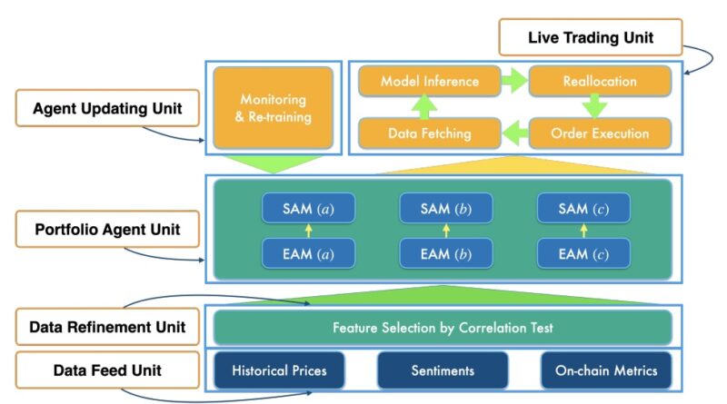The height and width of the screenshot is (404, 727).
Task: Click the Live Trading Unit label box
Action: pyautogui.click(x=591, y=38)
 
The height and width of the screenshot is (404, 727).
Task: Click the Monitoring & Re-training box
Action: pyautogui.click(x=274, y=106)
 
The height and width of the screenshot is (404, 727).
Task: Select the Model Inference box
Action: pyautogui.click(x=430, y=82)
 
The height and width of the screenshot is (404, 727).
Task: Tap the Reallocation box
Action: pyautogui.click(x=600, y=82)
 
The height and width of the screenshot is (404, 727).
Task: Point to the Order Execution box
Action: pyautogui.click(x=600, y=133)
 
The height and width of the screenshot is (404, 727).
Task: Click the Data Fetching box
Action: pyautogui.click(x=430, y=133)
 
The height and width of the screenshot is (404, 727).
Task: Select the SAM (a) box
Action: pyautogui.click(x=308, y=208)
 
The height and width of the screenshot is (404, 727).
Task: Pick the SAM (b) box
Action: pyautogui.click(x=446, y=208)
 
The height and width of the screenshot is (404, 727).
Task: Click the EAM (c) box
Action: pyautogui.click(x=584, y=253)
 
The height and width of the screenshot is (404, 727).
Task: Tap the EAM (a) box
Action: pyautogui.click(x=308, y=253)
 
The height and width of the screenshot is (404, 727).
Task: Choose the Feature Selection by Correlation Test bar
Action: pyautogui.click(x=443, y=327)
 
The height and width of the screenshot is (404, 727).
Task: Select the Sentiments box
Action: pyautogui.click(x=443, y=370)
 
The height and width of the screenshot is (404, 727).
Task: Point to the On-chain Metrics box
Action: pyautogui.click(x=605, y=370)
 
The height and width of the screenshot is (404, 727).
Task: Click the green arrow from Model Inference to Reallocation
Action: pyautogui.click(x=515, y=82)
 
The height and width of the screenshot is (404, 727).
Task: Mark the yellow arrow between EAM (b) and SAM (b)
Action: pyautogui.click(x=446, y=231)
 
